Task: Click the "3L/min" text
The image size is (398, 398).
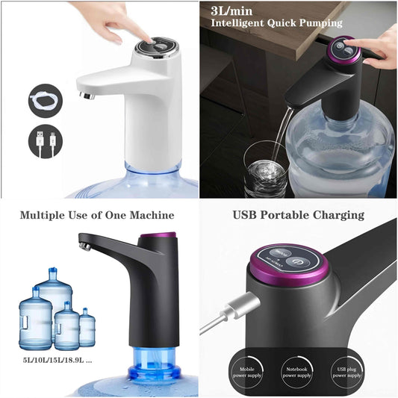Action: point(232,10)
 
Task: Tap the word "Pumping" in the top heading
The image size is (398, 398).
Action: point(319,23)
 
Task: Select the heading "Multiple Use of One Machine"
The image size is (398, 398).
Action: point(97,215)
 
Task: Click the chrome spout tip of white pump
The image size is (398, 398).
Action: point(86,95)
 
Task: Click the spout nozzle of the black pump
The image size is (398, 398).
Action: point(85,243)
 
